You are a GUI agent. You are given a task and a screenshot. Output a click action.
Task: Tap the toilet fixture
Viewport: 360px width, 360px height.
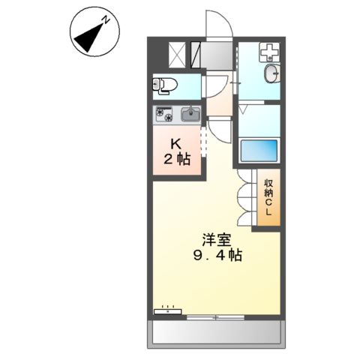click(x=163, y=85)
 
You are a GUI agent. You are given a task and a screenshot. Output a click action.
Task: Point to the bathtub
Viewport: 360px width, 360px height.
click(x=258, y=152)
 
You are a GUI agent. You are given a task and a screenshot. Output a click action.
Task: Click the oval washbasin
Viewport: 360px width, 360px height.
click(x=271, y=73)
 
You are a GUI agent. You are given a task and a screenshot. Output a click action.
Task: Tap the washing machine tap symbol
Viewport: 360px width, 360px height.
click(x=268, y=52)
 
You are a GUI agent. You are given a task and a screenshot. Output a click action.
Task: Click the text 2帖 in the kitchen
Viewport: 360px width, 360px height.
click(x=178, y=158)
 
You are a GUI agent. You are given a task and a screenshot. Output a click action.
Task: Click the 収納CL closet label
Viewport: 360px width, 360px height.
click(x=268, y=197)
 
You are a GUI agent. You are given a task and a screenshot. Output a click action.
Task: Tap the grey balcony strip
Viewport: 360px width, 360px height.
click(x=217, y=331)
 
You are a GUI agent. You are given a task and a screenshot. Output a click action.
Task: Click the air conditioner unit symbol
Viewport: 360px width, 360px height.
click(x=167, y=309)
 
